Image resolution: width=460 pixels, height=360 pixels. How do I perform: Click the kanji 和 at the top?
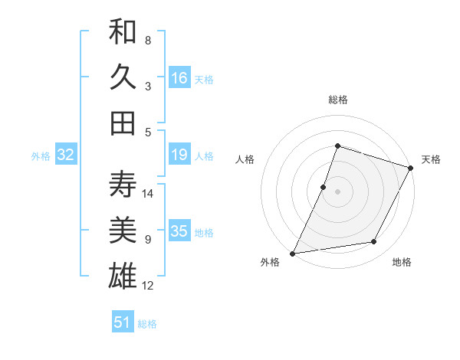point(123,33)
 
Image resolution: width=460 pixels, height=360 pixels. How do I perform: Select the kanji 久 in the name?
point(123,77)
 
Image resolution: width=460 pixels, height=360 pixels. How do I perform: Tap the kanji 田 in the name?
point(123,122)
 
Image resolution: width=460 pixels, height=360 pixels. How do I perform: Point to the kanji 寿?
point(123,185)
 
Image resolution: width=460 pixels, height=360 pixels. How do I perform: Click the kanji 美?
point(123,230)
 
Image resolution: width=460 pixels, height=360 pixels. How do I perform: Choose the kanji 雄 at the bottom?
point(123,274)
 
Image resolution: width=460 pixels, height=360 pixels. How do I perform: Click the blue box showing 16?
point(179,78)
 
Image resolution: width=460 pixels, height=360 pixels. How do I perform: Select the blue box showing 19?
point(179,155)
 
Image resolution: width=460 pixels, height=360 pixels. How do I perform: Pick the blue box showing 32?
point(66,155)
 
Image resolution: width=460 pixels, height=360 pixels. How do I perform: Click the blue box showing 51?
point(123,322)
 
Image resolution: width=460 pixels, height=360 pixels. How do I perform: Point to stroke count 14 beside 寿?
point(149,193)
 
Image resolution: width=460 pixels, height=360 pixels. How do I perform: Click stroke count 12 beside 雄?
point(149,286)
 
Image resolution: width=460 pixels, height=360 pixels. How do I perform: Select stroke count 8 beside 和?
point(148,40)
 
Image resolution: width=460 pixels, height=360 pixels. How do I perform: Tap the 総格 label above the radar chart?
point(337,100)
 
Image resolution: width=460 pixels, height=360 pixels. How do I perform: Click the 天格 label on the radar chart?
point(431,159)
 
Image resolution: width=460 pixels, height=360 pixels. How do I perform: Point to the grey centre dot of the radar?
point(337,191)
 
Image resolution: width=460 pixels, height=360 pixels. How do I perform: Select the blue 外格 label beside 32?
point(41,156)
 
